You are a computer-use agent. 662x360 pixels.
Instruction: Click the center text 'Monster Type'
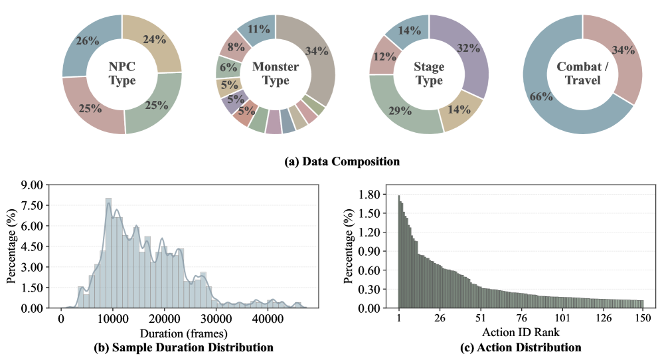tap(276, 74)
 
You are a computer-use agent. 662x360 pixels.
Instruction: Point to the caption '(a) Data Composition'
tap(330, 161)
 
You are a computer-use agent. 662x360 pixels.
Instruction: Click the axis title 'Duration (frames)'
tap(184, 333)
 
